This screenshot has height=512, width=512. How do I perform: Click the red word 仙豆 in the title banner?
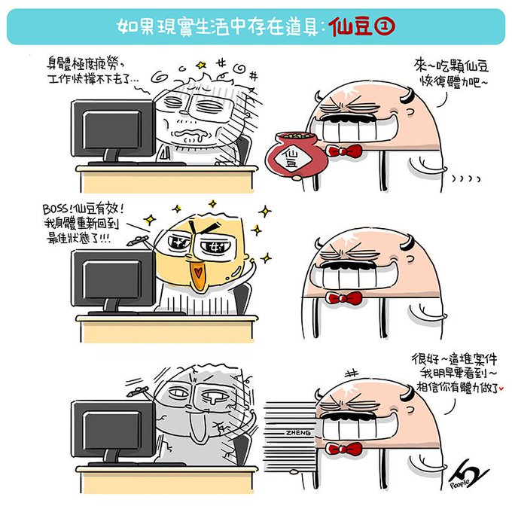[350, 26]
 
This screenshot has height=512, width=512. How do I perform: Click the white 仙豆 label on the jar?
[291, 157]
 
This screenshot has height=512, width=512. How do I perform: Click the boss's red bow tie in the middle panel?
[344, 298]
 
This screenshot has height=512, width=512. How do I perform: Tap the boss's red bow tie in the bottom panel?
[344, 449]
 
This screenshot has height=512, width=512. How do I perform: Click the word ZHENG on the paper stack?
[298, 433]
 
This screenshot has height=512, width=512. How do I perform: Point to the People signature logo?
[469, 475]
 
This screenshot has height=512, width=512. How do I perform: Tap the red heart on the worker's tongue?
[198, 272]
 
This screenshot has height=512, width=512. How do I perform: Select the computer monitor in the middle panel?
[113, 281]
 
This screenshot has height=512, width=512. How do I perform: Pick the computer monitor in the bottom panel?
[113, 431]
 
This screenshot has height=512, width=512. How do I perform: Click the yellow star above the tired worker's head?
[201, 66]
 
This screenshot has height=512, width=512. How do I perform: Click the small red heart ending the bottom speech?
[501, 389]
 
